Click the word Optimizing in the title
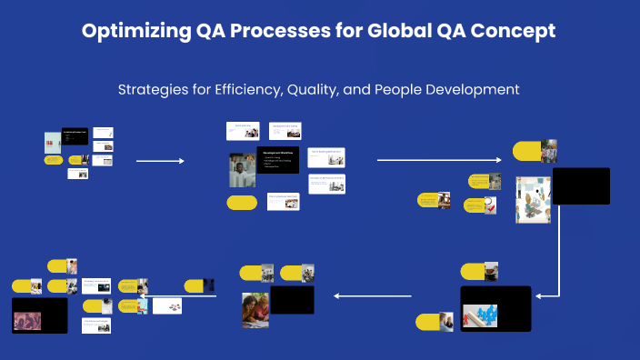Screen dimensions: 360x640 coord(135,31)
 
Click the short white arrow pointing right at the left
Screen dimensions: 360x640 coord(160,161)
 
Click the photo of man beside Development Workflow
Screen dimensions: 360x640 coord(243,169)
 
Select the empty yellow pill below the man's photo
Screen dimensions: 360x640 coord(242,203)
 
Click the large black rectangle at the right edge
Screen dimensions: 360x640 coord(580,185)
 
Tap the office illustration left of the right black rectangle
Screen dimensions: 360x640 coord(533,199)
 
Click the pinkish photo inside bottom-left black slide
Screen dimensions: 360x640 coord(26,319)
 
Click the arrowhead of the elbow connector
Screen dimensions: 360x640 coord(540,295)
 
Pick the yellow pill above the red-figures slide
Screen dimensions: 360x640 coord(474,271)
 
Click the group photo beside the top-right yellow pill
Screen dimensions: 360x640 coord(549,151)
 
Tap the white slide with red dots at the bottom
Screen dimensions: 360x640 coord(166,305)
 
